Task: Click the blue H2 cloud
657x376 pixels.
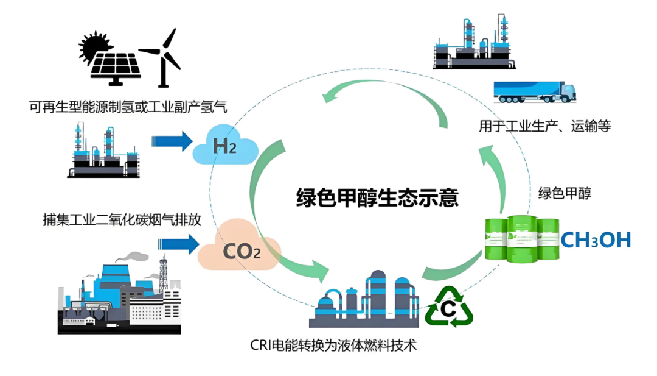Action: point(224,146)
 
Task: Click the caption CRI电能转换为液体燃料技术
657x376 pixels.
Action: point(334,345)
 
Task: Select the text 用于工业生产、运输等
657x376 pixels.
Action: point(544,127)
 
